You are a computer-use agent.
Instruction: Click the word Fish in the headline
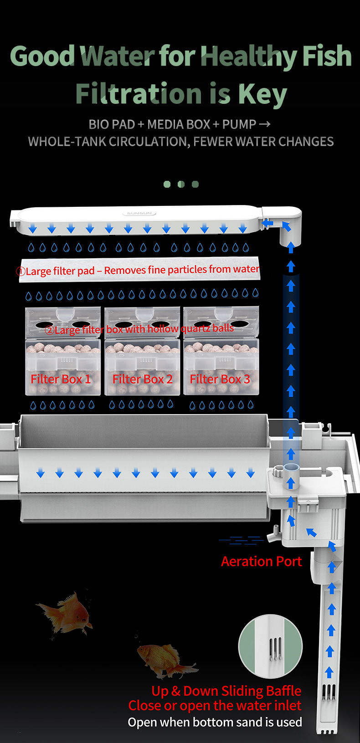(x=327, y=56)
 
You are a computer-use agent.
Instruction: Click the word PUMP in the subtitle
(x=239, y=124)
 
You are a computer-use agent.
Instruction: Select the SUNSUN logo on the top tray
(x=139, y=213)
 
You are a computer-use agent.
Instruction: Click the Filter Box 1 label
(x=61, y=379)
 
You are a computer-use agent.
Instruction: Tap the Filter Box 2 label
(x=142, y=379)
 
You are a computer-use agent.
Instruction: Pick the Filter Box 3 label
(x=220, y=379)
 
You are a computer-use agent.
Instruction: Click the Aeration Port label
(x=262, y=561)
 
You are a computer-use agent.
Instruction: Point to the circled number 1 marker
(x=21, y=272)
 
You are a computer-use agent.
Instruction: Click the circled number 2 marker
(x=49, y=330)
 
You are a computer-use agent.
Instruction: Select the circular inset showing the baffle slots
(x=270, y=646)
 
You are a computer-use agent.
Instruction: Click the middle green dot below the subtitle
(x=181, y=184)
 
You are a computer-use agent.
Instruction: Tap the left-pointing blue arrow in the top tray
(x=267, y=223)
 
